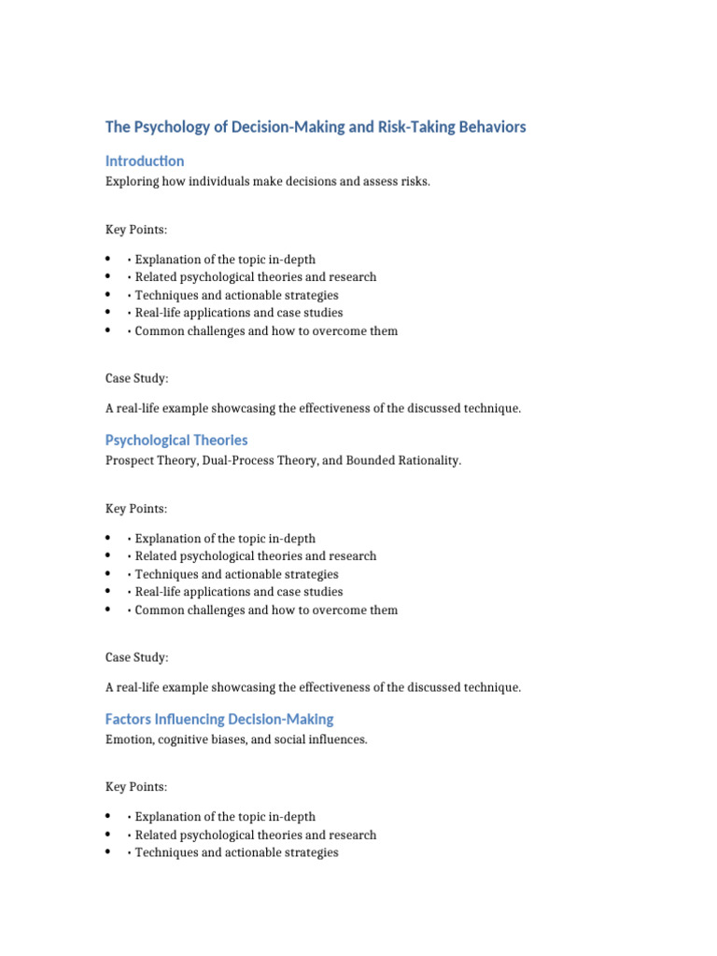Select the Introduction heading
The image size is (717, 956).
click(x=145, y=161)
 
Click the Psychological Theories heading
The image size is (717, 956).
click(x=176, y=440)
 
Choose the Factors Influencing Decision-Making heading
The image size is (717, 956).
click(x=219, y=719)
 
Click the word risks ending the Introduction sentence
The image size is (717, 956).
click(x=415, y=182)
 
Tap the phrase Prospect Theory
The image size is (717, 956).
click(x=151, y=461)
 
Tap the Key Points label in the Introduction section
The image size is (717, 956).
click(x=136, y=230)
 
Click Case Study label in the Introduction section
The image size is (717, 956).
click(x=137, y=379)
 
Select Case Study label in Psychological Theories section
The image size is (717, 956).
click(x=137, y=658)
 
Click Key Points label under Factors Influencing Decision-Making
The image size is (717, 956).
click(x=136, y=788)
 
